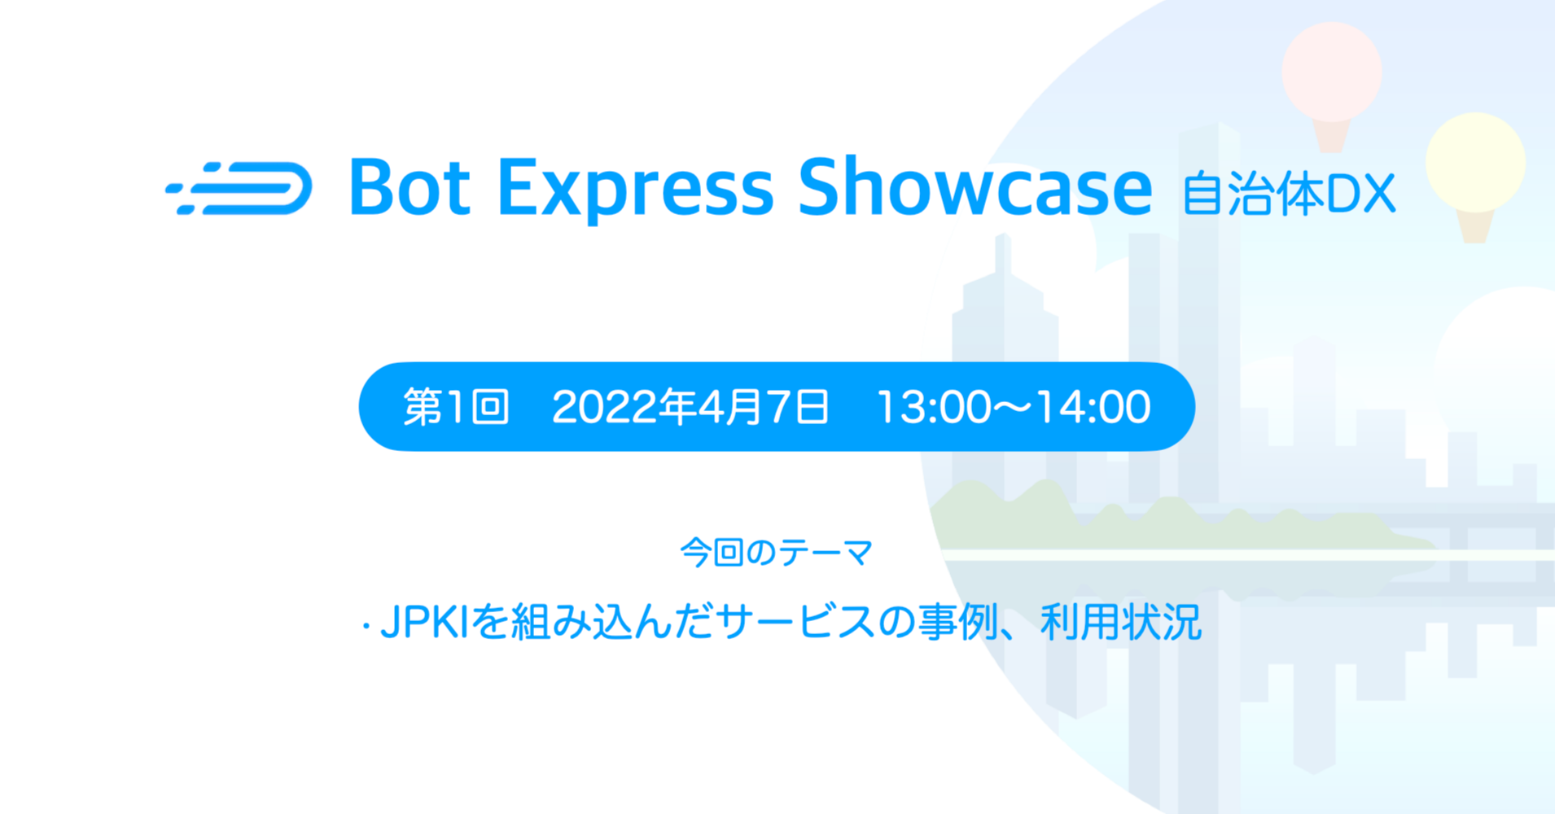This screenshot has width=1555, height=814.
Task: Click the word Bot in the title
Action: (x=410, y=188)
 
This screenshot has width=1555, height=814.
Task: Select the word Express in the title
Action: (x=635, y=190)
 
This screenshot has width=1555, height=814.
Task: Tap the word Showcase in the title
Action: (x=975, y=188)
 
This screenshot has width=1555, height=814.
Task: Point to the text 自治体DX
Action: (x=1289, y=195)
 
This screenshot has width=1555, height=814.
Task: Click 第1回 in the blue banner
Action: (x=456, y=407)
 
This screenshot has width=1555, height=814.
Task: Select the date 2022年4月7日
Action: (x=690, y=407)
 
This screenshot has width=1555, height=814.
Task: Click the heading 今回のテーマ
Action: (x=777, y=553)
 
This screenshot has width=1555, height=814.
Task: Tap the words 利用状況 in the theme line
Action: (x=1120, y=623)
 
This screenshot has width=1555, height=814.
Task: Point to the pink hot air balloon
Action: (x=1331, y=72)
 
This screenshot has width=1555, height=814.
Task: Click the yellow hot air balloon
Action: (x=1474, y=162)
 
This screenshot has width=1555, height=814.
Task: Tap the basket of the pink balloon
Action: (x=1331, y=137)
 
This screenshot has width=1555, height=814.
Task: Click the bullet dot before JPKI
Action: (x=366, y=628)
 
